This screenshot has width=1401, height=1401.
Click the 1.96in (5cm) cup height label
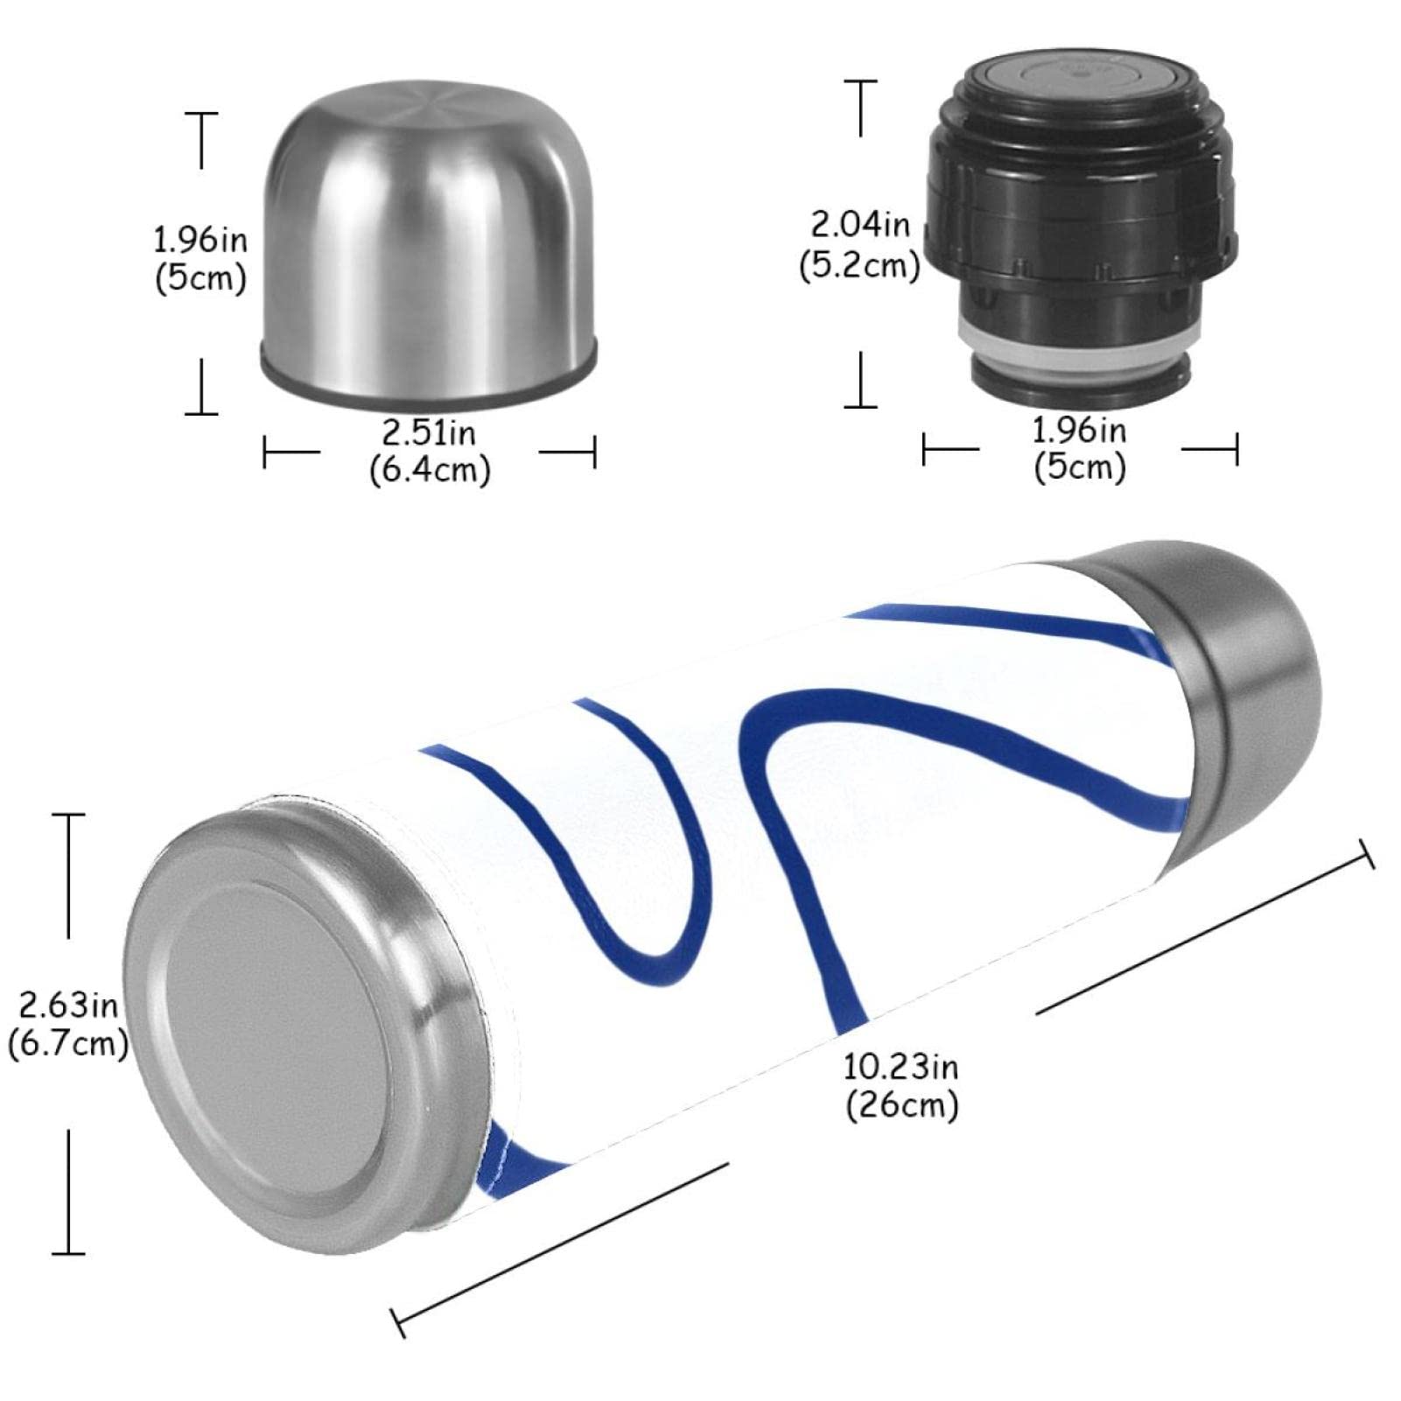[200, 259]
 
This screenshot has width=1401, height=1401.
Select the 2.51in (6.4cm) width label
[429, 452]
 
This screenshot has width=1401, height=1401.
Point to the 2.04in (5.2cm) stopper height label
[859, 244]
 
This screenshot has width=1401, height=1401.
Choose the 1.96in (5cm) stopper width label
[1080, 449]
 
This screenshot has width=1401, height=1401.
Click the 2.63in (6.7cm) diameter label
[68, 1024]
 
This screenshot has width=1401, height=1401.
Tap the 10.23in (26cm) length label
[901, 1085]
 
